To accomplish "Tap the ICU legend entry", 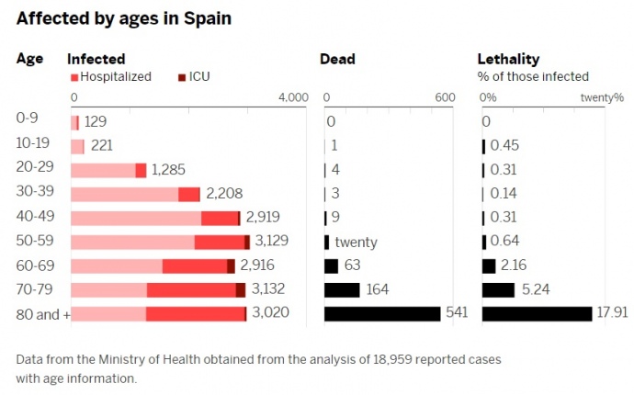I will pos(194,77).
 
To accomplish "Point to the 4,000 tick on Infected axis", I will pos(292,98).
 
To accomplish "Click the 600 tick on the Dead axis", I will pos(444,98).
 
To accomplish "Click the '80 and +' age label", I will pos(43,314).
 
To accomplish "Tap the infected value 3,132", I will pos(269,290).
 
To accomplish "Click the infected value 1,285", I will pos(168,170).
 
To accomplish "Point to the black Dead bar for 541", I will pos(382,314).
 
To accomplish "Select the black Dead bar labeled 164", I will pos(342,290).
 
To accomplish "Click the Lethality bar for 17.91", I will pos(537,314).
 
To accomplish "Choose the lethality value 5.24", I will pos(534,290).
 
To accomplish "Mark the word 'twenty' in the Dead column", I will pos(356,243).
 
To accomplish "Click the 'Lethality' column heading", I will pos(508,60).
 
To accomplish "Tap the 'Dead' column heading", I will pos(337,60).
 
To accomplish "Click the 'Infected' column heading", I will pos(96,60).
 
